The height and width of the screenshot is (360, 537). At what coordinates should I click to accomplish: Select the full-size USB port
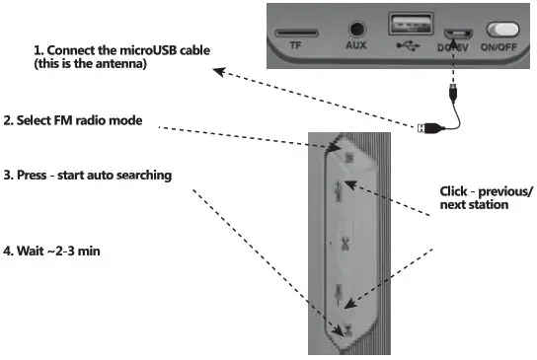tap(404, 26)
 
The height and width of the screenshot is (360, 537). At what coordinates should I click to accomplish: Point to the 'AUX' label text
tap(355, 45)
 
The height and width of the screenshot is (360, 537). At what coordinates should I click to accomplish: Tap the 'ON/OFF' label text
tap(500, 45)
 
